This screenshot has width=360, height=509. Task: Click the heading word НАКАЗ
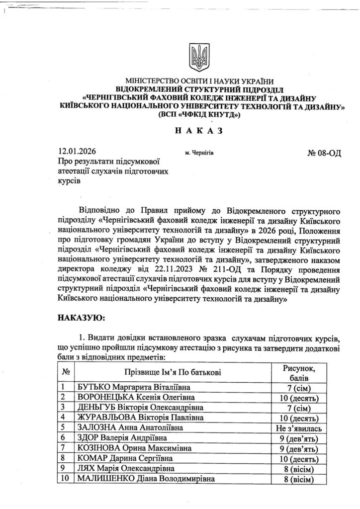coord(197,131)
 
